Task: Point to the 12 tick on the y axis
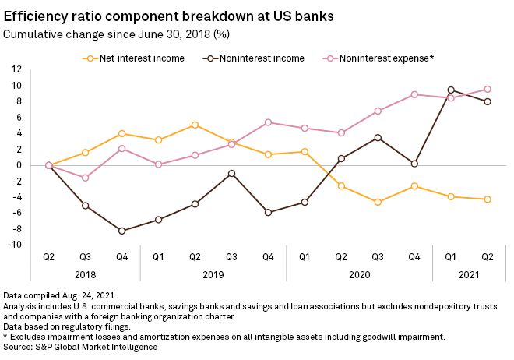14,69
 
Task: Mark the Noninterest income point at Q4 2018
121,231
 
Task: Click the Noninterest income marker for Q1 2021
450,90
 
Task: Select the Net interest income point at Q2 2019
195,125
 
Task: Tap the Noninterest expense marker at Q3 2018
85,178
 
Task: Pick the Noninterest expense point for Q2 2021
487,89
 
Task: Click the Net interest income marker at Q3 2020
377,202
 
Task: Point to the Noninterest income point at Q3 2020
377,137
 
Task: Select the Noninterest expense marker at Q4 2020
414,94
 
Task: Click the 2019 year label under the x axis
213,274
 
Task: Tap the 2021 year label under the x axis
468,274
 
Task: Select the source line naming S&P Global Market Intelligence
82,346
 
